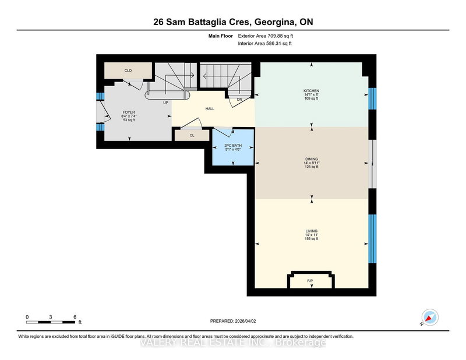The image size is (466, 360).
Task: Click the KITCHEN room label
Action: [x=311, y=91]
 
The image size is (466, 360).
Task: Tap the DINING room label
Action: [x=311, y=158]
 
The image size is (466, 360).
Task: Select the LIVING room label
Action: [x=311, y=231]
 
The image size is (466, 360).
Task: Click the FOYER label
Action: [x=129, y=112]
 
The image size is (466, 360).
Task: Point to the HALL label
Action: [x=211, y=109]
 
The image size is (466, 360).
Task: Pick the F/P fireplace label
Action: [x=310, y=281]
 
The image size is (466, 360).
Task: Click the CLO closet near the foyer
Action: [x=128, y=70]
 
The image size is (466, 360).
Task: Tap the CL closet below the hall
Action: [x=192, y=135]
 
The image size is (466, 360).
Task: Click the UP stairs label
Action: [x=165, y=103]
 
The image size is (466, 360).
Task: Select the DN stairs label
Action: [x=239, y=100]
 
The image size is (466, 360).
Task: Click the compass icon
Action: [x=430, y=317]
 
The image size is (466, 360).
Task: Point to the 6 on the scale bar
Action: [x=75, y=316]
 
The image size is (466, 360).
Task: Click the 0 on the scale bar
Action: [x=27, y=316]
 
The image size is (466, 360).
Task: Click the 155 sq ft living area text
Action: [x=311, y=239]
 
